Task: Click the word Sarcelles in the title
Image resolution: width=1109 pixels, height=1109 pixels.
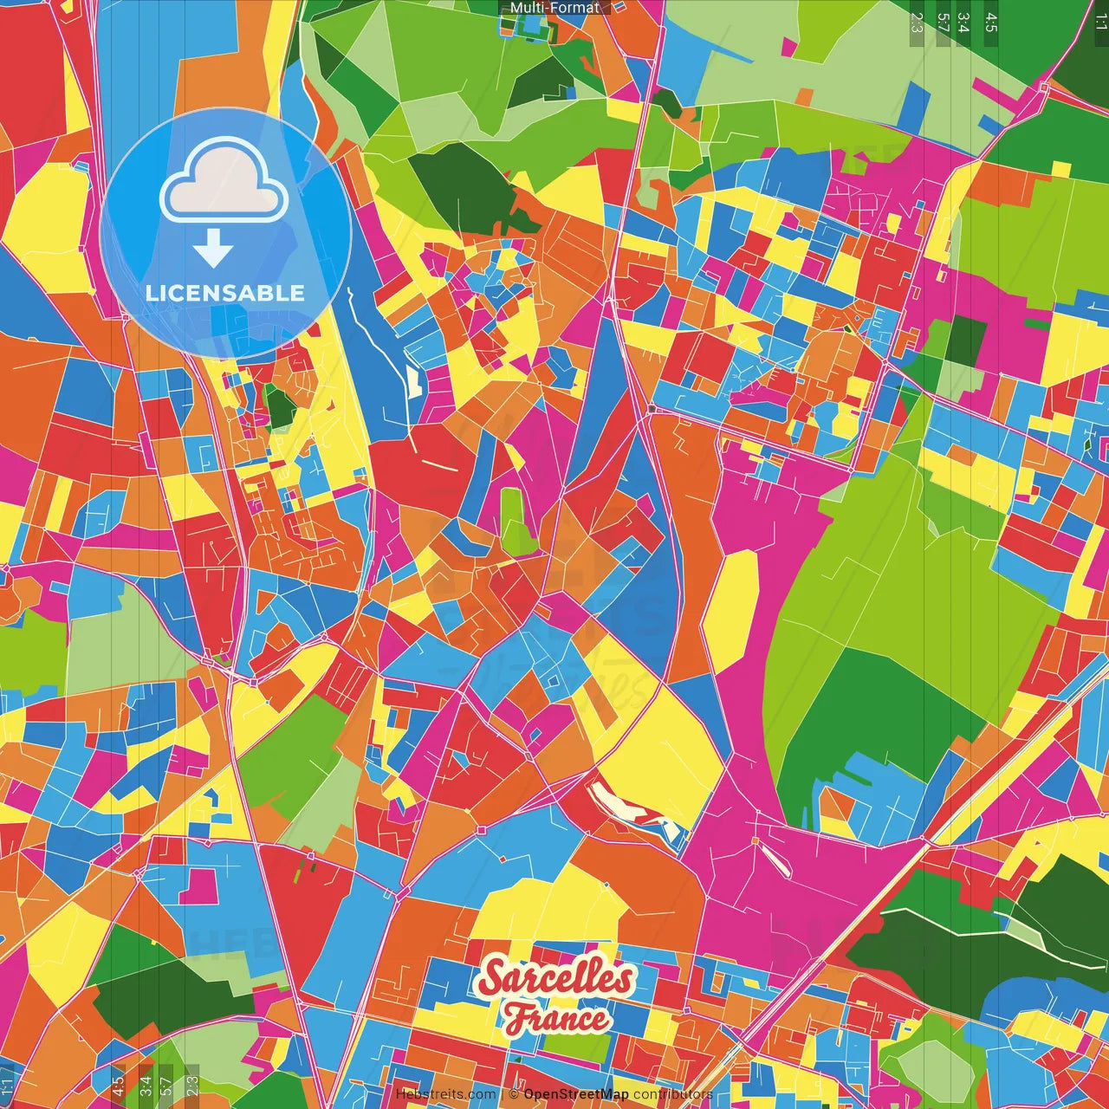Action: click(555, 977)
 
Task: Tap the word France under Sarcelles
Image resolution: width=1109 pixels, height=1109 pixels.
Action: click(556, 1017)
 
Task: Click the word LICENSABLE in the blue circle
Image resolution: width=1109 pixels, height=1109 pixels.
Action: click(225, 293)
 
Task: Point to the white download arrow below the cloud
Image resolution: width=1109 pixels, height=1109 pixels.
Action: click(213, 250)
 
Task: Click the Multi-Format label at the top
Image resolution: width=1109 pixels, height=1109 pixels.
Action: click(554, 8)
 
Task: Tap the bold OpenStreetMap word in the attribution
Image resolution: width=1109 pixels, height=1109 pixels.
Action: click(576, 1094)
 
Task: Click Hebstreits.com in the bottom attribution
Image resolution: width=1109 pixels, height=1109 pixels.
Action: click(446, 1094)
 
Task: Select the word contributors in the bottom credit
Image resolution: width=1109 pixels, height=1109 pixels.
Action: click(672, 1094)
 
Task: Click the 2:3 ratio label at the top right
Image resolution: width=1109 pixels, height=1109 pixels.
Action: click(917, 23)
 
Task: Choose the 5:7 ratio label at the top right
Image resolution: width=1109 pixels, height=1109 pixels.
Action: click(943, 23)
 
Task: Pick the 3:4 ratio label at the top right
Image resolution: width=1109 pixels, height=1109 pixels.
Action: click(963, 23)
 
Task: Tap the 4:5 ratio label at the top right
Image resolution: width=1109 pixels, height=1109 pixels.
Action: click(991, 23)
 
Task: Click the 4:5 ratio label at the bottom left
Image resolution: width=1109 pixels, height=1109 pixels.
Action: click(118, 1085)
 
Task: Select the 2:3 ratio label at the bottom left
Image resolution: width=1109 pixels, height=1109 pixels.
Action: click(192, 1085)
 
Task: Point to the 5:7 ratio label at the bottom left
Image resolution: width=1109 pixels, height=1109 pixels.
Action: click(166, 1085)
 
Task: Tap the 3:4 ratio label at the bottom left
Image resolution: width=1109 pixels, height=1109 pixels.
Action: click(146, 1085)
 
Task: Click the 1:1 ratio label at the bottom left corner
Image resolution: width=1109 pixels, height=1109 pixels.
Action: click(8, 1085)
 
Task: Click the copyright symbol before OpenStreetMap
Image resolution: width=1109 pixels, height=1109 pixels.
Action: click(515, 1094)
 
